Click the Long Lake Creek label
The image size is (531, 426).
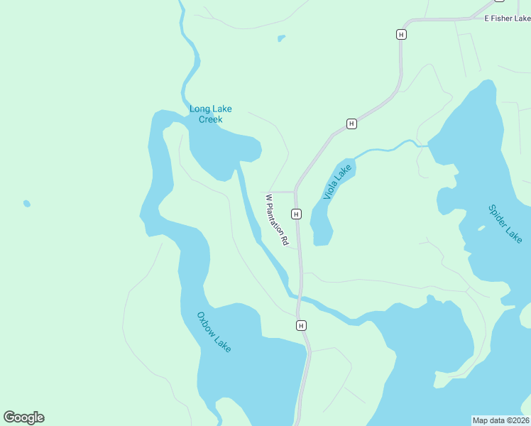point(210,114)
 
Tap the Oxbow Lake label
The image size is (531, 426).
point(214,332)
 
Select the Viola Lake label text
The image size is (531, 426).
point(337,182)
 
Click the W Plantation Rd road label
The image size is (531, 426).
point(277,220)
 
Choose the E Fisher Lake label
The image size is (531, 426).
point(507,18)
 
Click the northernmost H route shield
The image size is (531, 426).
point(402,34)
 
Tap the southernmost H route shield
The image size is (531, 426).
point(301,325)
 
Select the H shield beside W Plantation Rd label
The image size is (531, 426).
point(296,214)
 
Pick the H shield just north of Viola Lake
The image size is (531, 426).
point(351,124)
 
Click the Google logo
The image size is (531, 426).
point(23,417)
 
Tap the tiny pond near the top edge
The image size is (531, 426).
point(282,38)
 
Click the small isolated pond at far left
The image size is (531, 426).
point(27,204)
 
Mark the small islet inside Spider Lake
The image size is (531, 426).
point(481,228)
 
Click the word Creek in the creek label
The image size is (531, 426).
point(210,119)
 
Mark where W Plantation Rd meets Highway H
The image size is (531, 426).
point(295,192)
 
